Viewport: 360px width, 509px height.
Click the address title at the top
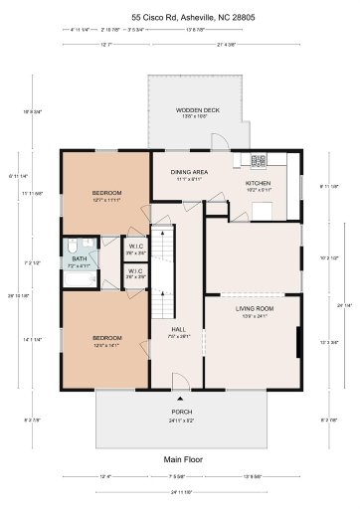pos(180,17)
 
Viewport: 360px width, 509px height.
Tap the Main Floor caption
pos(180,458)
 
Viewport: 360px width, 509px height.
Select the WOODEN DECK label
pos(192,110)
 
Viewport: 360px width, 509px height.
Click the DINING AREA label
pos(191,171)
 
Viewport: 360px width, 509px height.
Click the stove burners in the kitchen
pos(260,159)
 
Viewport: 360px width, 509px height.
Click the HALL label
pos(179,329)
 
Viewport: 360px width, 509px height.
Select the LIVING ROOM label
pos(255,309)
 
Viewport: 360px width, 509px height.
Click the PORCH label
pos(181,411)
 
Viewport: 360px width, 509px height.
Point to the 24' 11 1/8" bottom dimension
pos(180,493)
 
